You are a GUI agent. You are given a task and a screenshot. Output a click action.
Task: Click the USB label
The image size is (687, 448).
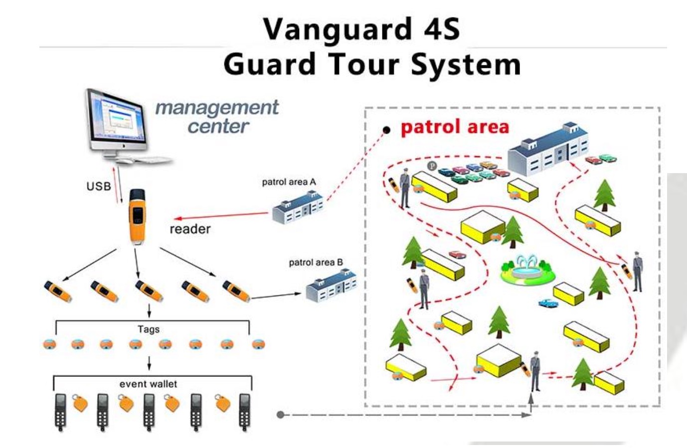[98, 187]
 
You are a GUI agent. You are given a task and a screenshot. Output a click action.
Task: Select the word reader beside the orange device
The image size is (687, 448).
[190, 229]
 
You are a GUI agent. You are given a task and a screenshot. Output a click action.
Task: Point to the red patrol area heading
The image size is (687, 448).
[455, 127]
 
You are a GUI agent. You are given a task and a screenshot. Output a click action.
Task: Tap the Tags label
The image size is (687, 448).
[149, 329]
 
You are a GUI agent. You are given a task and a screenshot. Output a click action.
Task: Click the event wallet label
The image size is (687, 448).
[148, 384]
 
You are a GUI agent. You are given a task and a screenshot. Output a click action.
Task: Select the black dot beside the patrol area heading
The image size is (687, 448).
[386, 130]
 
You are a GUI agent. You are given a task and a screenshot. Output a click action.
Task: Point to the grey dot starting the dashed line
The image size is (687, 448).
[280, 415]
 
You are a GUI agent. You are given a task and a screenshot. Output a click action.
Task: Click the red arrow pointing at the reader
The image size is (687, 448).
[219, 216]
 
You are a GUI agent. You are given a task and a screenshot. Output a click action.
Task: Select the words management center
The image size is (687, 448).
[217, 116]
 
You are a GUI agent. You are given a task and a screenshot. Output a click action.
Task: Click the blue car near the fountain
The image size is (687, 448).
[548, 303]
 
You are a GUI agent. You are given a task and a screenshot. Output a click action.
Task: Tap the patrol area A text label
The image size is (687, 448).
[289, 182]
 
